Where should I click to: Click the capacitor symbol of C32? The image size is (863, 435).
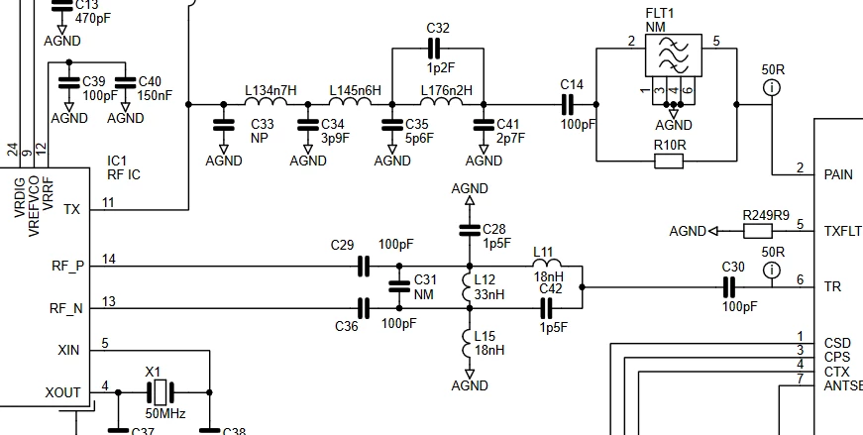[x=434, y=49]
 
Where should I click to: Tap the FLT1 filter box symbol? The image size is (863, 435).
[x=673, y=55]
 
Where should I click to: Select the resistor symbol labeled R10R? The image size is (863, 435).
[x=669, y=162]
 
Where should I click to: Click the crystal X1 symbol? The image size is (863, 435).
[x=161, y=392]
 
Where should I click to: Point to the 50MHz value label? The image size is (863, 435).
[x=165, y=414]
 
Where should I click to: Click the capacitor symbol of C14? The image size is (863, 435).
[x=567, y=104]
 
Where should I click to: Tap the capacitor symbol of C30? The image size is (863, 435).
[x=728, y=287]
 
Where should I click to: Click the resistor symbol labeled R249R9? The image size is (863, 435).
[x=758, y=231]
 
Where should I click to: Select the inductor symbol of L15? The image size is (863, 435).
[x=468, y=343]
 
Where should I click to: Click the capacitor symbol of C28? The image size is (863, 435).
[x=470, y=230]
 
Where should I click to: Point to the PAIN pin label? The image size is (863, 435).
[x=838, y=175]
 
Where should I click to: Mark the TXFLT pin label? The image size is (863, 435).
[x=842, y=231]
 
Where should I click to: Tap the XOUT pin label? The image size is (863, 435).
[x=62, y=393]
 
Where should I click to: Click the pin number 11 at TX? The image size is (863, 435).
[x=108, y=202]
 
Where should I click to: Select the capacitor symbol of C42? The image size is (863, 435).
[x=546, y=308]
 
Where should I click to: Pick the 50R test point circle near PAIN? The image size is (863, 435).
[x=772, y=87]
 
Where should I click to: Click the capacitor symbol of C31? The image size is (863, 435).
[x=399, y=287]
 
